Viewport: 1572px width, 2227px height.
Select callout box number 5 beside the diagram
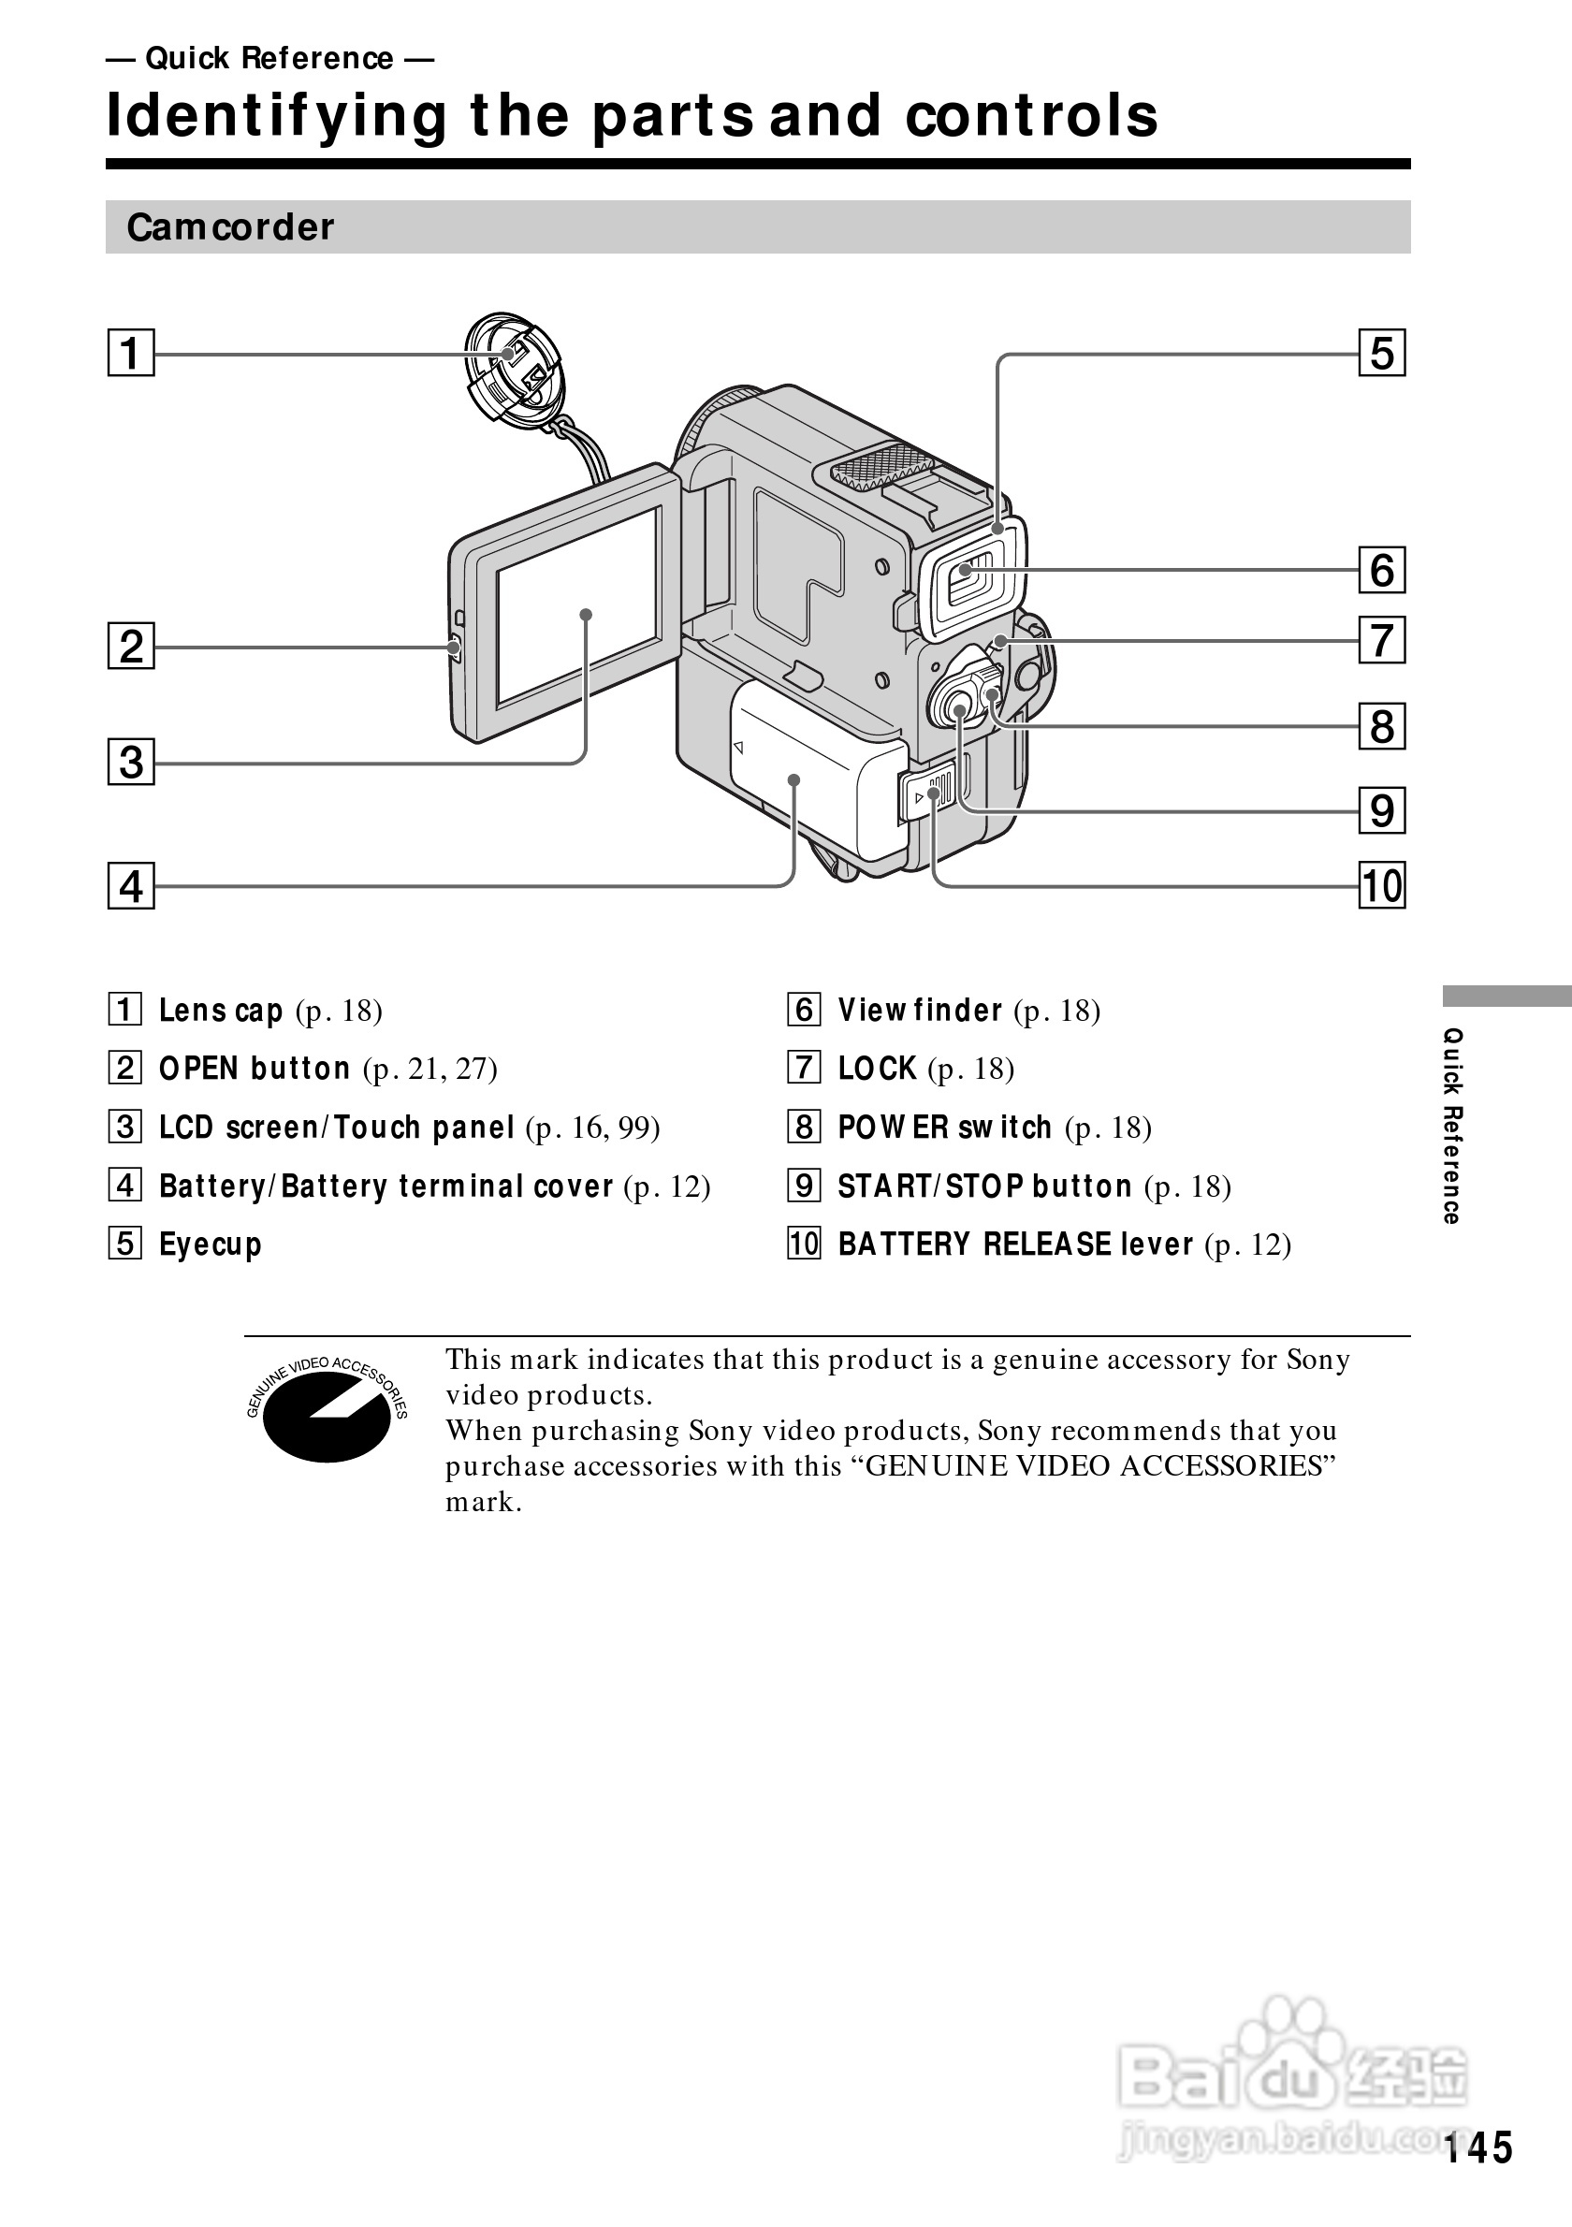pos(1382,353)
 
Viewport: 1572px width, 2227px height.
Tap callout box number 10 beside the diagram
pos(1382,885)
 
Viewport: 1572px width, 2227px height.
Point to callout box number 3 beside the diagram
pos(131,763)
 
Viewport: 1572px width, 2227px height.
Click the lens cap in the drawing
pos(511,369)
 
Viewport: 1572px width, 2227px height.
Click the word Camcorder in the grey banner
pos(230,227)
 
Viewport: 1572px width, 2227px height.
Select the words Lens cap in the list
pos(220,1010)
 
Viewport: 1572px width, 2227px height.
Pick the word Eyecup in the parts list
pos(211,1244)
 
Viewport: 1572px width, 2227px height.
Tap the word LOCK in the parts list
pos(877,1068)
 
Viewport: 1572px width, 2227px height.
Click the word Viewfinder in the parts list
pos(920,1010)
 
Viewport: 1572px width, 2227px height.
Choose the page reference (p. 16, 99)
pos(592,1128)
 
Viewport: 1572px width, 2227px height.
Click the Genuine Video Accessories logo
pos(327,1408)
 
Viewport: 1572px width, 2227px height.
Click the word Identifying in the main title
pos(276,115)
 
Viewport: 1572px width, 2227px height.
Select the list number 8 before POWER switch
pos(804,1128)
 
